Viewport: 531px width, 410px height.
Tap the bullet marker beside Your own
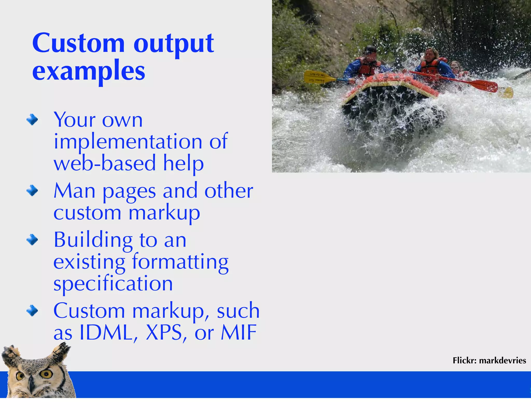pyautogui.click(x=32, y=120)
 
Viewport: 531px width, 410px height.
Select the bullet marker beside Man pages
pyautogui.click(x=32, y=191)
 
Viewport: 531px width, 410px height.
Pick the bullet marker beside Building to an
pyautogui.click(x=32, y=240)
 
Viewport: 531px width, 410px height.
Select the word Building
pyautogui.click(x=93, y=240)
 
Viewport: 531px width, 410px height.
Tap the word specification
pyautogui.click(x=113, y=284)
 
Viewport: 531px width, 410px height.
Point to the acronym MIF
pyautogui.click(x=239, y=332)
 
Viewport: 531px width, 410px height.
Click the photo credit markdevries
pyautogui.click(x=502, y=360)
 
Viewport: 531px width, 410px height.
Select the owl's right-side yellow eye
pyautogui.click(x=47, y=374)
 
